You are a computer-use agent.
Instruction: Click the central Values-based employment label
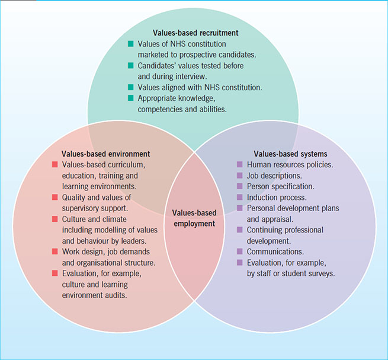pos(194,218)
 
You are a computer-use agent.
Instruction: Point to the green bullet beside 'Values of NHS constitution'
pos(131,44)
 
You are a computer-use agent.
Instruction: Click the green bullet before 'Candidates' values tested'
pos(131,65)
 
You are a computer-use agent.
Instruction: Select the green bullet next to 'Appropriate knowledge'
pos(131,98)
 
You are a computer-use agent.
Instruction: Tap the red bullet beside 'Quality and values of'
pos(54,197)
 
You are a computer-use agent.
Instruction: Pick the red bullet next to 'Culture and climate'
pos(54,219)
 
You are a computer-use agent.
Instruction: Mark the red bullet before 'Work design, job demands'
pos(54,251)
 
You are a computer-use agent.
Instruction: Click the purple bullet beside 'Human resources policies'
pos(240,164)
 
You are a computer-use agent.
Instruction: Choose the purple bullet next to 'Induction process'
pos(240,197)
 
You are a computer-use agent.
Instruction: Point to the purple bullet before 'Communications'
pos(240,251)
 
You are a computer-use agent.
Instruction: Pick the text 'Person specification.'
pos(281,186)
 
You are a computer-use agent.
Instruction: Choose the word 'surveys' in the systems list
pos(321,273)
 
